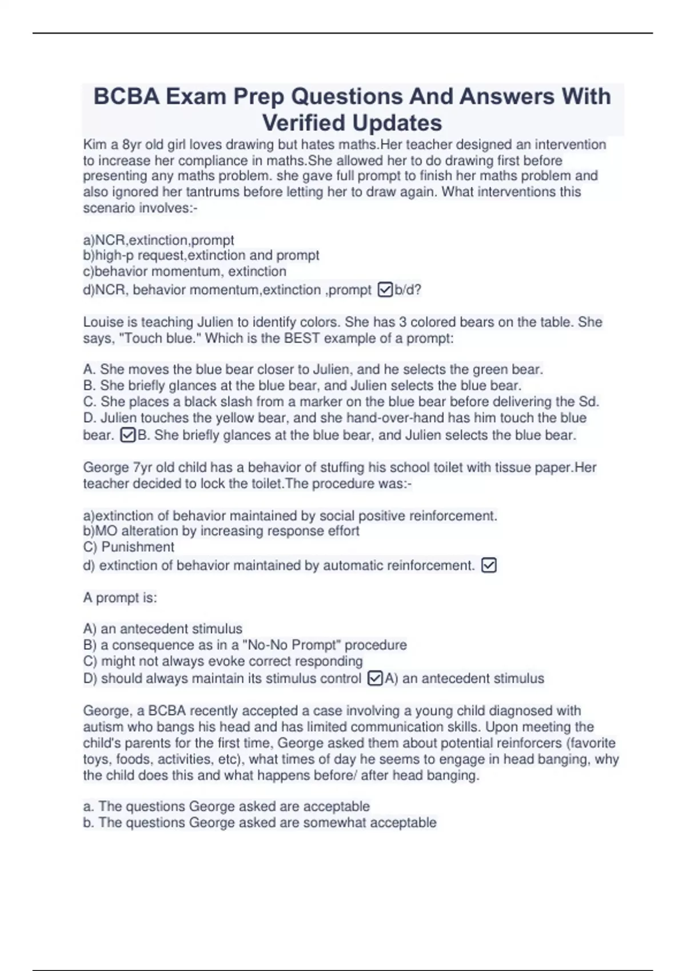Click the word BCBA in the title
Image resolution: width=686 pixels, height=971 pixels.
coord(126,97)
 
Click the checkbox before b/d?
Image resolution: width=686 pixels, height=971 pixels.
coord(385,290)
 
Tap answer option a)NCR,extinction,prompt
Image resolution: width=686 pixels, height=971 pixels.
coord(158,240)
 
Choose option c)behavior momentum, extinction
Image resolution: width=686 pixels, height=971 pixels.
coord(185,271)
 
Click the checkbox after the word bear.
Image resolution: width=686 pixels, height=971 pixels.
coord(128,436)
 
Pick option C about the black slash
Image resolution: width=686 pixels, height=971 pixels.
coord(341,402)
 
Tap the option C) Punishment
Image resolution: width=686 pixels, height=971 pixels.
coord(129,547)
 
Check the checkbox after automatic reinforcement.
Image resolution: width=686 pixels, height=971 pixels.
coord(489,565)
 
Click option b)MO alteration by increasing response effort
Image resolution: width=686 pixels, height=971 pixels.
coord(221,531)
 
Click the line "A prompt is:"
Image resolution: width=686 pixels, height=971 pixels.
coord(120,598)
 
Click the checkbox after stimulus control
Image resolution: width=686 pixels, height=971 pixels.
coord(375,679)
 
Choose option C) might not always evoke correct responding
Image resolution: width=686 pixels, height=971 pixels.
coord(223,661)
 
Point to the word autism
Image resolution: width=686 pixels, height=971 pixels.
coord(101,727)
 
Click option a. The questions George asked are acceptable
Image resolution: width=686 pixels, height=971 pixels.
coord(226,807)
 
